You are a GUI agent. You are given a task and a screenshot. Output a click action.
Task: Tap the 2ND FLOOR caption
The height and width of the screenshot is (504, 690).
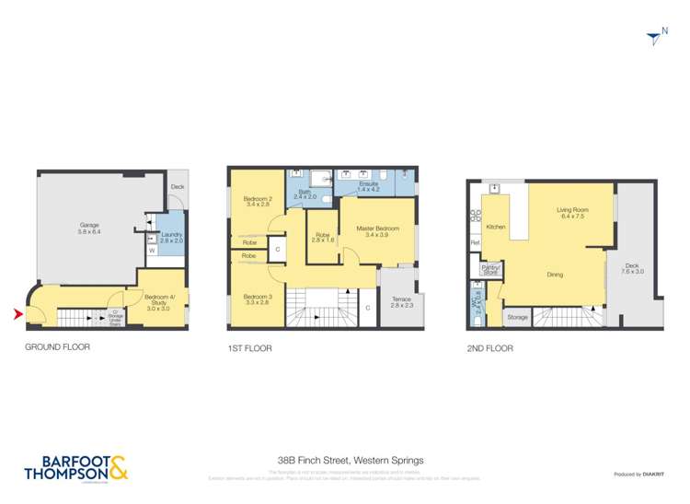point(490,347)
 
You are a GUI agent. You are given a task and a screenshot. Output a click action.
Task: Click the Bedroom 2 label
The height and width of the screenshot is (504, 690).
point(258,202)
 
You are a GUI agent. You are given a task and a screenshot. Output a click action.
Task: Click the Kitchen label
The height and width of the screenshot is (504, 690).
point(496,227)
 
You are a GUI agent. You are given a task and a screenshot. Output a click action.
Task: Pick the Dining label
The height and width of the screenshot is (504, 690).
point(555,275)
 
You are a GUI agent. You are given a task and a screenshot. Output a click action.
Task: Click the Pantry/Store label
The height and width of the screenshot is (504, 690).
point(490,270)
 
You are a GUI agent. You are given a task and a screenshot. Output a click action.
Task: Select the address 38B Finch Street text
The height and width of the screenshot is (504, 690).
point(351,459)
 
